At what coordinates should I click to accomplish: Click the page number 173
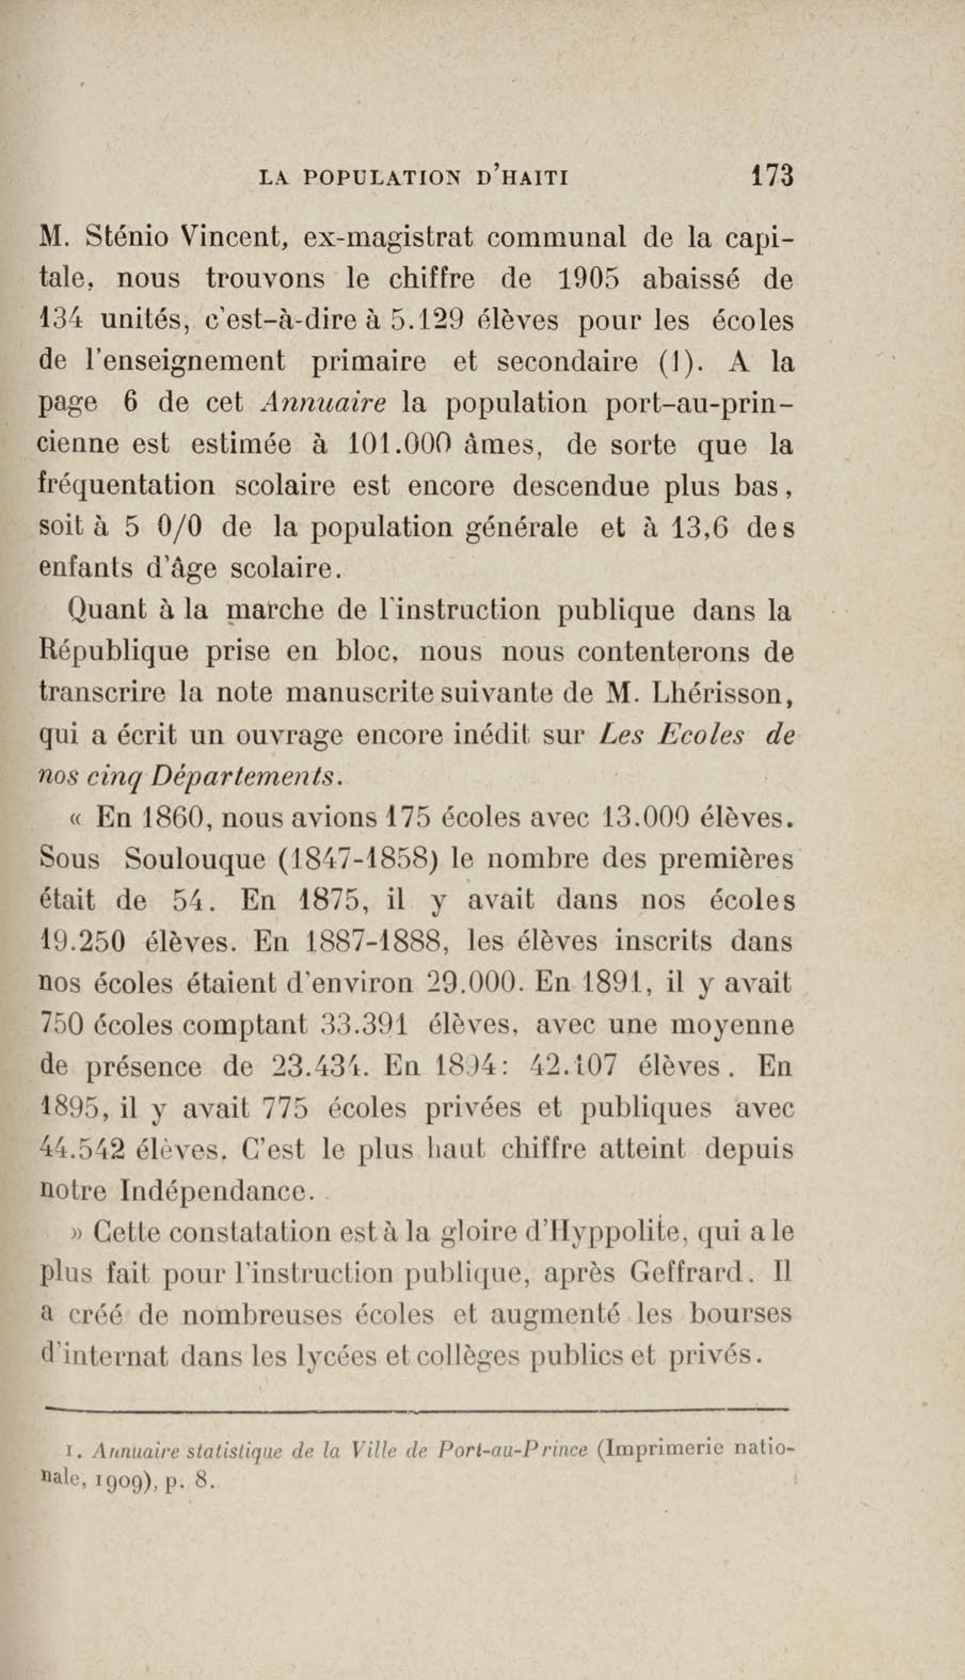tap(772, 176)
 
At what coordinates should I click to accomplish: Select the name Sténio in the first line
tap(126, 238)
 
